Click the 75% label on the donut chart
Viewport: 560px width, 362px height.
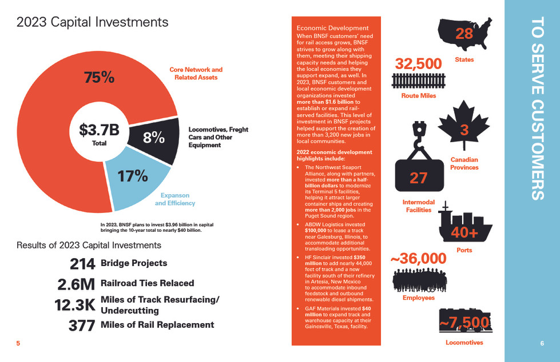pos(99,78)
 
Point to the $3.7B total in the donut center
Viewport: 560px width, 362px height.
pos(99,130)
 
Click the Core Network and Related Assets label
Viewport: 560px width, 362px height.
pos(196,74)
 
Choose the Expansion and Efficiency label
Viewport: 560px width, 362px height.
pos(175,199)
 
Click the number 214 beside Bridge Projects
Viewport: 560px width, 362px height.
pos(82,264)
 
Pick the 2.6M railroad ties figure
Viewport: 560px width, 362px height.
pos(77,284)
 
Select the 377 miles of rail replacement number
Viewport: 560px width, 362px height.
pos(82,325)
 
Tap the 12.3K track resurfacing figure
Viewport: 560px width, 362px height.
pos(75,305)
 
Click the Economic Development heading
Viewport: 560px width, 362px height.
pos(332,28)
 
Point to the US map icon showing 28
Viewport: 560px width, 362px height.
pos(464,34)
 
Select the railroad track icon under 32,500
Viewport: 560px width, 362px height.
pos(419,81)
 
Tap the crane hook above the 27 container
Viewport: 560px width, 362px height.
pos(418,137)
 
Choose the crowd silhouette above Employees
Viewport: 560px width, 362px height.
pos(420,280)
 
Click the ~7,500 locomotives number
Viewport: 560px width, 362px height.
pos(464,323)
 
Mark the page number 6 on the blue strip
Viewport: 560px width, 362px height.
pos(542,343)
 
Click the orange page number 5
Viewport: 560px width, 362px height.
pos(18,343)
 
